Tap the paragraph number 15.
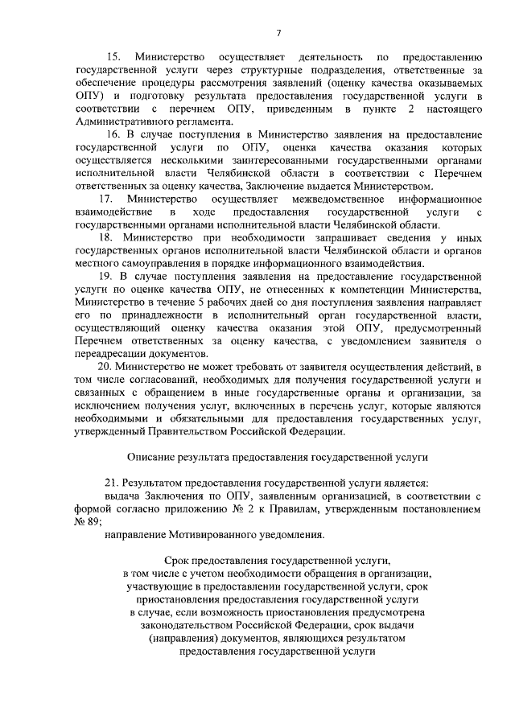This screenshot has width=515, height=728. [x=113, y=58]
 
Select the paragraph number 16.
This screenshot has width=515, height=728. [x=113, y=133]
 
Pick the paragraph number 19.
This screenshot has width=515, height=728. [x=113, y=275]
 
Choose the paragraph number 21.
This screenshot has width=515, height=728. [x=113, y=483]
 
